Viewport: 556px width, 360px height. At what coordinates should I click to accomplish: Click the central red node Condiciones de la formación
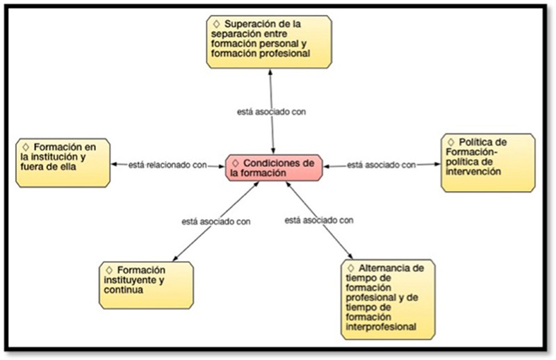click(x=274, y=168)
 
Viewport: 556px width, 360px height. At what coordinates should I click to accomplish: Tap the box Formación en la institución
click(x=63, y=162)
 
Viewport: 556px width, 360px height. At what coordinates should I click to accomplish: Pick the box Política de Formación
click(x=487, y=163)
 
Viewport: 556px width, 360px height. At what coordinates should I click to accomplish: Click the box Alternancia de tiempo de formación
click(x=388, y=297)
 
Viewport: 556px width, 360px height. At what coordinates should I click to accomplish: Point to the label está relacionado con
click(x=167, y=165)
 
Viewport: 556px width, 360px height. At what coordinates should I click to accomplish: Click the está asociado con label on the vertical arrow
click(x=271, y=111)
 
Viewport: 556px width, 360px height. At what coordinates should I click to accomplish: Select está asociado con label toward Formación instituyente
click(x=215, y=221)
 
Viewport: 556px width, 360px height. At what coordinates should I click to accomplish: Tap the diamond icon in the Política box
click(x=452, y=143)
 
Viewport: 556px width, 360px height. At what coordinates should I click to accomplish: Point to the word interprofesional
click(x=379, y=326)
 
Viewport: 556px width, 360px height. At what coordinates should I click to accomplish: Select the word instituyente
click(x=128, y=280)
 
